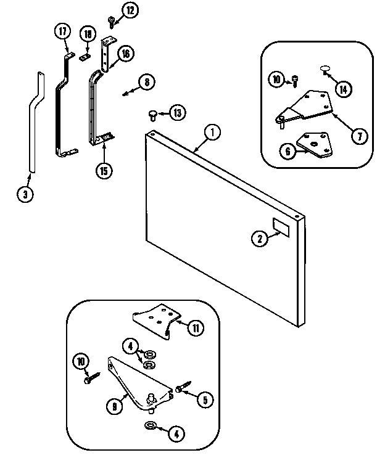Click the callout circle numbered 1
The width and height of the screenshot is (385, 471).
tap(212, 131)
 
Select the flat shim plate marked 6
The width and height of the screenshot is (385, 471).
tap(313, 143)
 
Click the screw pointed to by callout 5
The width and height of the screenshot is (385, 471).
tap(180, 388)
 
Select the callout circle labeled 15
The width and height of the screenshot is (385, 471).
tap(104, 171)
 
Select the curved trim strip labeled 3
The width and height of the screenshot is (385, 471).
tap(31, 123)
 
